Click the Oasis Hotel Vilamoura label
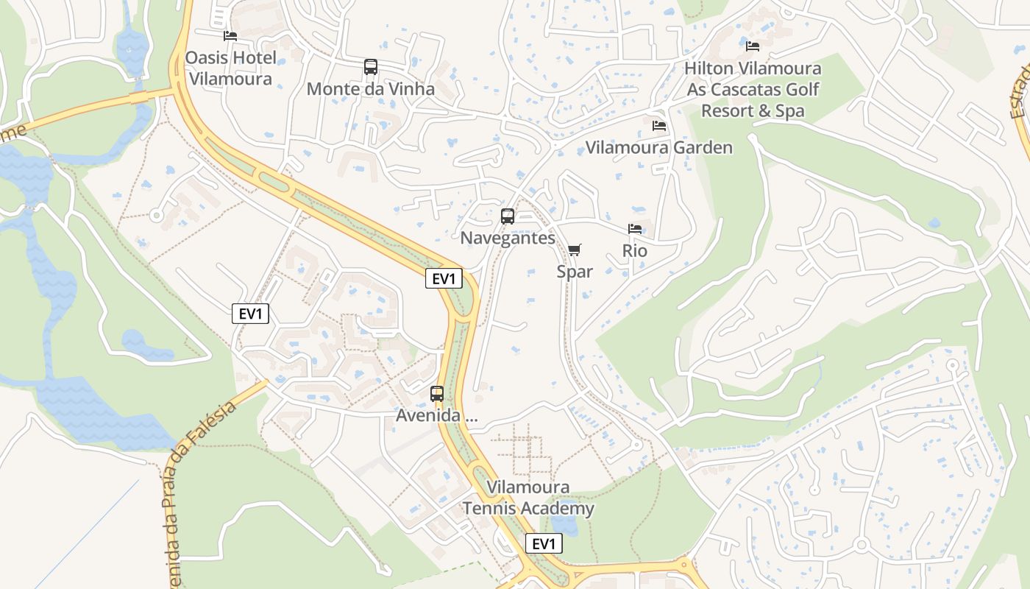[x=230, y=68]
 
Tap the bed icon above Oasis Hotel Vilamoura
[x=230, y=35]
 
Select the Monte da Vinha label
[x=370, y=89]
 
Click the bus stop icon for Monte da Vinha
[x=371, y=67]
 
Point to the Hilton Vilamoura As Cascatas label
[x=753, y=89]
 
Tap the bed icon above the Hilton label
[x=753, y=46]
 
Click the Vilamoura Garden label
[x=658, y=147]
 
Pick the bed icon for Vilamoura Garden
[x=659, y=126]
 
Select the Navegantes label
[x=508, y=238]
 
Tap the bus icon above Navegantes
[x=508, y=216]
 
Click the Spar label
[x=575, y=272]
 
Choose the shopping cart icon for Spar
[x=575, y=250]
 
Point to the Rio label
[x=635, y=250]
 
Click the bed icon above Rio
[x=635, y=229]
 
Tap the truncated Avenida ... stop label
[x=437, y=415]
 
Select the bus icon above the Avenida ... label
[x=437, y=394]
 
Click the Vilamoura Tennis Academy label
[x=528, y=498]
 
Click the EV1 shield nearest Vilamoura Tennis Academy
[x=544, y=544]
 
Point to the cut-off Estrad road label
[x=1020, y=92]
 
